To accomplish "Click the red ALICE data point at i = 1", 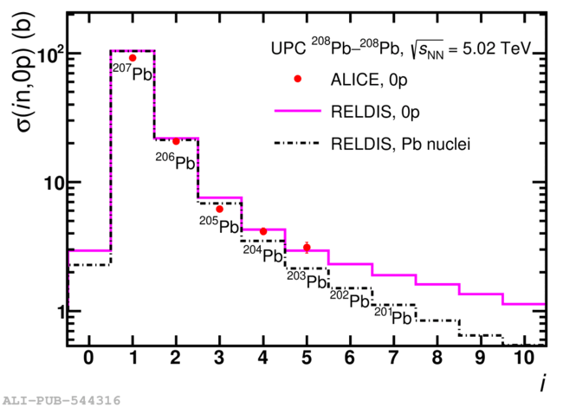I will (133, 58).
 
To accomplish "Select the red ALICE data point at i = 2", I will (176, 141).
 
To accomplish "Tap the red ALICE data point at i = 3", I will (219, 209).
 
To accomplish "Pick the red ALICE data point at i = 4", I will (263, 231).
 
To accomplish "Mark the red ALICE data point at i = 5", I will (307, 248).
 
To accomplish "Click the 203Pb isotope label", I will (307, 280).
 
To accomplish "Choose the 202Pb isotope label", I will (350, 300).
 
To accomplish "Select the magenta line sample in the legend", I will (297, 110).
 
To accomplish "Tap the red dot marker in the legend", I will (297, 79).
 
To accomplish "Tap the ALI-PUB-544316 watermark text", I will (61, 400).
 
